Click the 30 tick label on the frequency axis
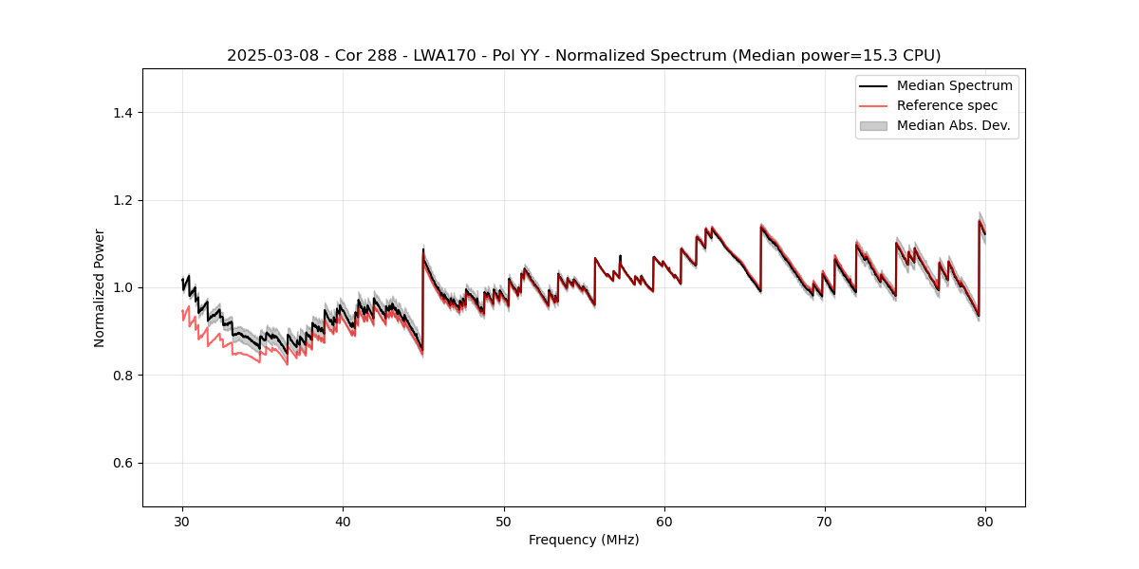(x=182, y=521)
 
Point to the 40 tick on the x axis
(x=343, y=521)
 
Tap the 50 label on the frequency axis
(x=504, y=521)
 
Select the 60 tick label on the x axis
(x=664, y=521)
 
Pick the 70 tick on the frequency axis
(x=825, y=521)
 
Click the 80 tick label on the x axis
(x=985, y=521)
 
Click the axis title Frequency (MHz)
(x=584, y=540)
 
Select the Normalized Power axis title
(x=100, y=287)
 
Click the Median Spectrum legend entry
(x=954, y=85)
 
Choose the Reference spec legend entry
(x=946, y=105)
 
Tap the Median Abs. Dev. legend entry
(x=953, y=125)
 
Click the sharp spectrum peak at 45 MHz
(x=423, y=250)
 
